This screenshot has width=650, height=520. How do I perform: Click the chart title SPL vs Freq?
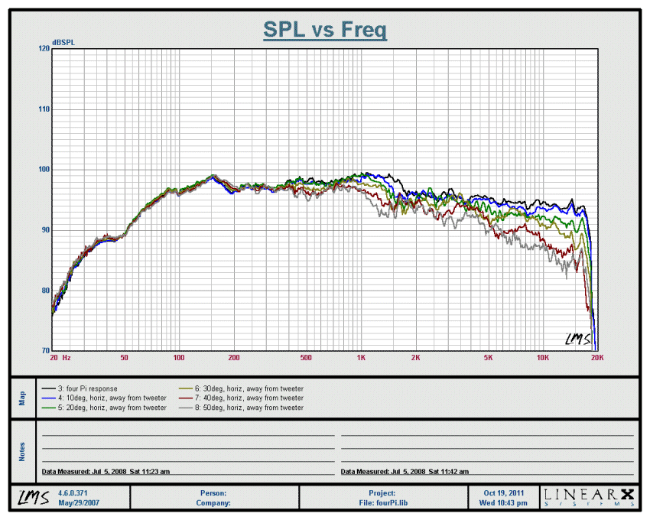click(x=325, y=30)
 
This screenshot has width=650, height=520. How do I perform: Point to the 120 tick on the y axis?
click(x=44, y=48)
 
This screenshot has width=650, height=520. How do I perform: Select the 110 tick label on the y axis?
click(x=44, y=109)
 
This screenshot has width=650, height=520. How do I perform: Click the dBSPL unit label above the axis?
click(x=63, y=41)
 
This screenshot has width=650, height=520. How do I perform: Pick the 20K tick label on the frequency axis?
click(x=597, y=357)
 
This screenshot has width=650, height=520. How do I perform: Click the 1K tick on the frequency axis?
click(x=360, y=357)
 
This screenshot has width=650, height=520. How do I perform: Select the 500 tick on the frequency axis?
click(x=306, y=357)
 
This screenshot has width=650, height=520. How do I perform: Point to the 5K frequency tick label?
click(x=487, y=357)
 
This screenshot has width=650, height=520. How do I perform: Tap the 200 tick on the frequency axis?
click(x=233, y=357)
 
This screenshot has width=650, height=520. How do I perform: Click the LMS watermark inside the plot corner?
click(x=578, y=339)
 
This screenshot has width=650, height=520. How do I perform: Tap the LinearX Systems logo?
click(x=588, y=497)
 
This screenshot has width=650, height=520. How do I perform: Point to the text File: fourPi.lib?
click(x=383, y=503)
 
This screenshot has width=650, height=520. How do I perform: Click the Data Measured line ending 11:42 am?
click(x=405, y=472)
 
